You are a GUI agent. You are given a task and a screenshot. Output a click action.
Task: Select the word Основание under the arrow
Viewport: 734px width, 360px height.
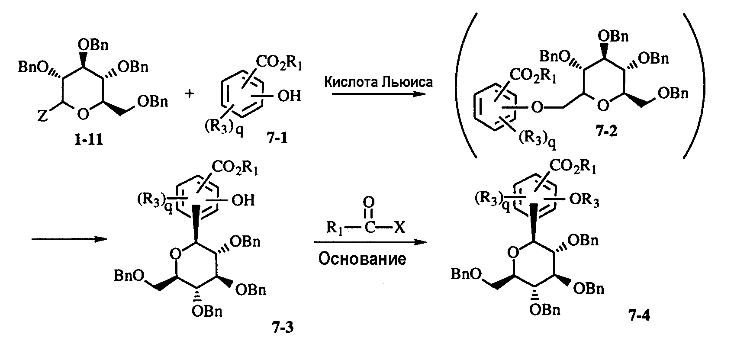[x=362, y=259]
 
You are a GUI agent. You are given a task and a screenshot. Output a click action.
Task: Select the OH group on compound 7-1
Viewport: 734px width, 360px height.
[x=289, y=96]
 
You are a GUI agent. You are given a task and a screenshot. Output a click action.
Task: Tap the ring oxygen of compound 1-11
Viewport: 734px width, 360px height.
[x=84, y=114]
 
